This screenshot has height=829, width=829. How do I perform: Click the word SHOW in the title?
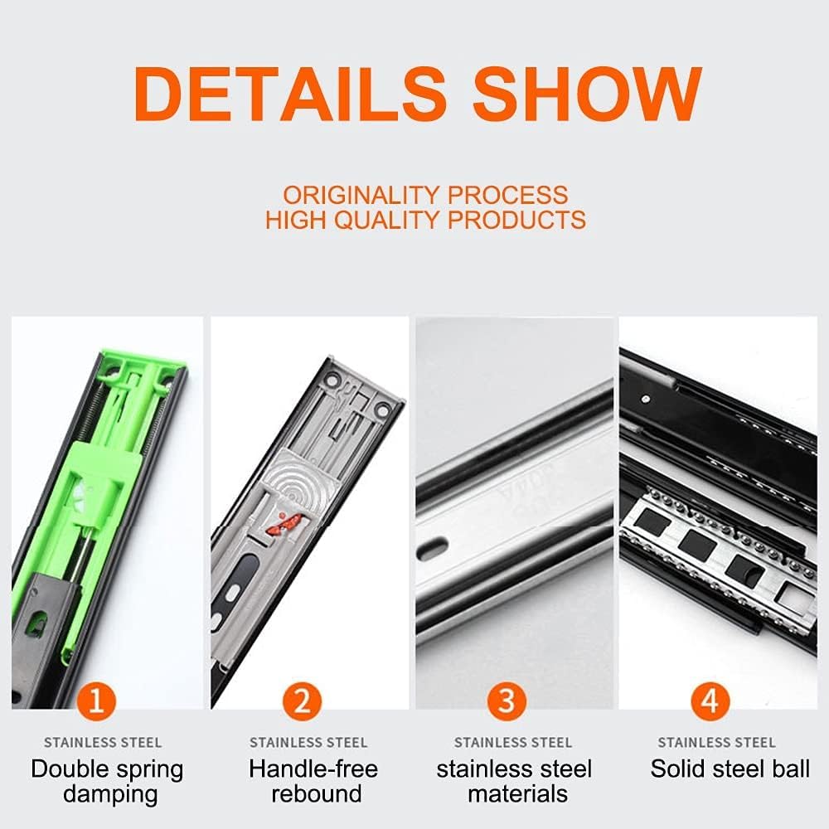tap(587, 94)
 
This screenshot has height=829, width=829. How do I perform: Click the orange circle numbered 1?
tap(96, 701)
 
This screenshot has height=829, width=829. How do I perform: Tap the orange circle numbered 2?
tap(302, 701)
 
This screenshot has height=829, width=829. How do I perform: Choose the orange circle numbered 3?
tap(507, 701)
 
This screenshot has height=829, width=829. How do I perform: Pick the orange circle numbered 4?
tap(710, 701)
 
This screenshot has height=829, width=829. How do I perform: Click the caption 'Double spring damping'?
tap(107, 782)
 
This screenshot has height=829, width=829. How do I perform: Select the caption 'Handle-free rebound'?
tap(313, 782)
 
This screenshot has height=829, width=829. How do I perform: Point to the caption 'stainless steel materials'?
tap(515, 782)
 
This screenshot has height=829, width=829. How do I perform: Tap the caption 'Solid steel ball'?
tap(730, 768)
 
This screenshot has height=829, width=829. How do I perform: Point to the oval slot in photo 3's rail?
tap(433, 548)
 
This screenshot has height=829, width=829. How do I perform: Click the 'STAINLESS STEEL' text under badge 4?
tap(716, 742)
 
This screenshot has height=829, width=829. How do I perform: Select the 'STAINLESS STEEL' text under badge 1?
tap(103, 742)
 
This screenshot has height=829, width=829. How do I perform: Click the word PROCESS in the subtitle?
tap(507, 195)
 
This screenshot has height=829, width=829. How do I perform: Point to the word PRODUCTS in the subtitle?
tap(516, 220)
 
